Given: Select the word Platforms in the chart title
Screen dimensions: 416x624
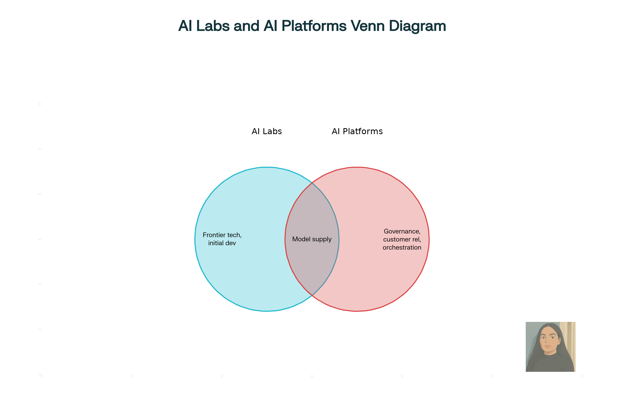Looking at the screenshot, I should [314, 26].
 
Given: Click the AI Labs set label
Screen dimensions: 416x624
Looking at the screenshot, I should [267, 131].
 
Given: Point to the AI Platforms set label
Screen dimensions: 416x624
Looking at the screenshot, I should [357, 131].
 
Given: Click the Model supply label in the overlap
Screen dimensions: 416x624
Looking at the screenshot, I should [312, 239].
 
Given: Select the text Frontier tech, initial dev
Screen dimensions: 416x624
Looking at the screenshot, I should [222, 239].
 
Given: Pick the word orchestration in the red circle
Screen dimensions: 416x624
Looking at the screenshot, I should [402, 248].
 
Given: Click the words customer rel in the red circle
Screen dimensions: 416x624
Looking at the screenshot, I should [402, 239].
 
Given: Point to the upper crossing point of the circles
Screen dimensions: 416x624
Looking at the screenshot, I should [312, 183].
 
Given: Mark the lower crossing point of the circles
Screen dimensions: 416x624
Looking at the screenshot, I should [312, 295].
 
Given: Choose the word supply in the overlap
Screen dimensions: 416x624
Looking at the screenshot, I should [322, 239].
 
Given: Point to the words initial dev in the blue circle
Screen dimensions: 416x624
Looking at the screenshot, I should [222, 243].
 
